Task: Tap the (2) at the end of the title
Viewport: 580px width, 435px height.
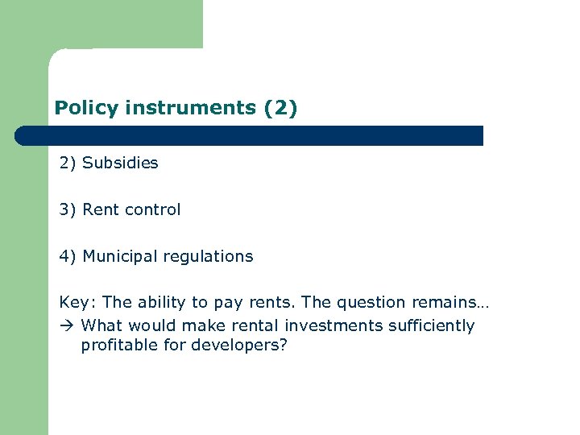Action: click(x=280, y=107)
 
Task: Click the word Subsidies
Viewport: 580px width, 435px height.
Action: click(x=120, y=163)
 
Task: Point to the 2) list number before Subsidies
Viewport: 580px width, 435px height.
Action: click(x=68, y=163)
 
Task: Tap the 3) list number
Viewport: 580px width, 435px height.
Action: click(x=68, y=209)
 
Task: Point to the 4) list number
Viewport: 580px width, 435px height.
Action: click(x=68, y=256)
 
